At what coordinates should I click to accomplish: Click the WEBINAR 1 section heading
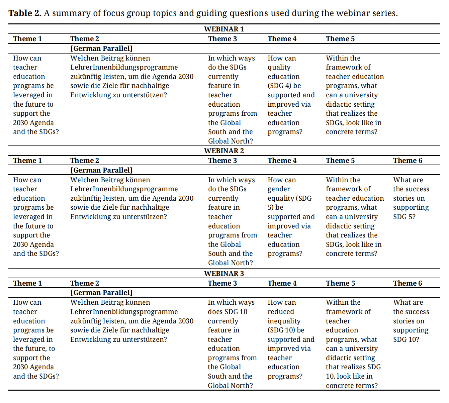coord(224,29)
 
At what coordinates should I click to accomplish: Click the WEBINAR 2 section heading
coord(224,151)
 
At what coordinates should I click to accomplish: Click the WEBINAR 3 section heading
coord(224,274)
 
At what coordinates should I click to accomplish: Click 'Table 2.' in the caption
coord(25,13)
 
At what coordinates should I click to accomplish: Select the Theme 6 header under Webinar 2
coord(408,161)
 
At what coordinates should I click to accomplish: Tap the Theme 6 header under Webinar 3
coord(408,283)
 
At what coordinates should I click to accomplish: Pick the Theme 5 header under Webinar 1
coord(340,39)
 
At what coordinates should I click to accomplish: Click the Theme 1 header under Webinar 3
coord(27,283)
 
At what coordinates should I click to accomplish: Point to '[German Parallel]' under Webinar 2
coord(101,170)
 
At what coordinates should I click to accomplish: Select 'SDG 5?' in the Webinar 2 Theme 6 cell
coord(404,217)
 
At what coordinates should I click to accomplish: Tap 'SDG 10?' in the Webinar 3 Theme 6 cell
coord(406,339)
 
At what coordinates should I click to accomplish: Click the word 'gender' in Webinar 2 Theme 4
coord(279,189)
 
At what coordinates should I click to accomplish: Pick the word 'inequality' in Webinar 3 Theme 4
coord(284,321)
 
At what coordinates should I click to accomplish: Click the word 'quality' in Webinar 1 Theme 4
coord(279,67)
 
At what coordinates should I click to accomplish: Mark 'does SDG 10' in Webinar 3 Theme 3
coord(228,312)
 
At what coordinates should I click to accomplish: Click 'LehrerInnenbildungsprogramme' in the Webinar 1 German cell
coord(124,67)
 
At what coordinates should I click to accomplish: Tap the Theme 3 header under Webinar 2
coord(222,161)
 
